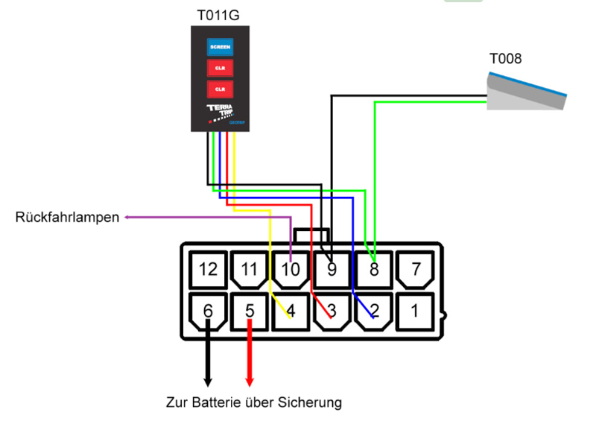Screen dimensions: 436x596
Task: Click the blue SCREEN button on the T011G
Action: click(221, 47)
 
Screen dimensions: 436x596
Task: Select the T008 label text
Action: click(505, 59)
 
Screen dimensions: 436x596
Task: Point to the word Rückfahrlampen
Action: click(67, 218)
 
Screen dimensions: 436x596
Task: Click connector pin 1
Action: click(416, 311)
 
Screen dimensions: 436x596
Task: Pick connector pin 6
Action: click(209, 311)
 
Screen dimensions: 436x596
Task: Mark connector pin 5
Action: click(250, 311)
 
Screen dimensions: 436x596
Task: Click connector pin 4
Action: click(292, 311)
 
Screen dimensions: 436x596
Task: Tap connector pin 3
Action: click(332, 311)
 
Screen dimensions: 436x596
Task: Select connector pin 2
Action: click(374, 311)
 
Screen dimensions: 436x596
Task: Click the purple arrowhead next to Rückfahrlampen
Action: click(129, 218)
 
